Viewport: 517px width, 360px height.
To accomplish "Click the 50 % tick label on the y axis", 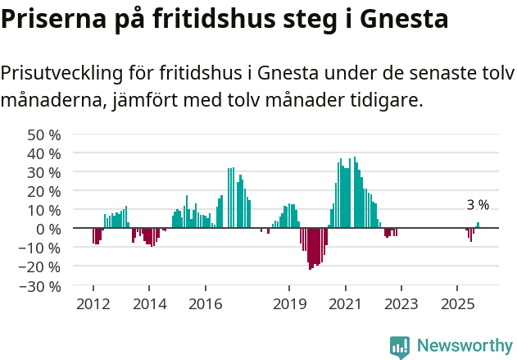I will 44,134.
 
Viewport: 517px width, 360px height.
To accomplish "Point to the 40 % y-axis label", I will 44,153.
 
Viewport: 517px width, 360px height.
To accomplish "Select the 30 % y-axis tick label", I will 44,172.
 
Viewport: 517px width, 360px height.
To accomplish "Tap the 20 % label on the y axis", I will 44,191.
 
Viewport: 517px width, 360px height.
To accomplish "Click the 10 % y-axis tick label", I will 44,210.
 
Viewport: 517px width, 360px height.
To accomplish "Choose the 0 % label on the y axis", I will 48,229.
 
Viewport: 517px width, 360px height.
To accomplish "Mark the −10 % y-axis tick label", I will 42,248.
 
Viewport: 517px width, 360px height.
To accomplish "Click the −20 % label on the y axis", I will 42,267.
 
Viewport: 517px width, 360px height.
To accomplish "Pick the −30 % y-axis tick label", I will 42,286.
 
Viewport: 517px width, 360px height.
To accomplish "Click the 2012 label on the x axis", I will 93,304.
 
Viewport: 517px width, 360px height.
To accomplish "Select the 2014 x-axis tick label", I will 149,304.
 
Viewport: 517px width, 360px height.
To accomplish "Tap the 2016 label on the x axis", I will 205,304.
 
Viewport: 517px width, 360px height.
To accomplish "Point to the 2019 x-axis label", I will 289,304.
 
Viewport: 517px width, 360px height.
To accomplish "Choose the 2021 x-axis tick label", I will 345,304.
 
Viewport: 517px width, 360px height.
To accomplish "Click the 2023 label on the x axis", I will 401,304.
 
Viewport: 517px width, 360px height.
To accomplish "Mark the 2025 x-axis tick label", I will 456,304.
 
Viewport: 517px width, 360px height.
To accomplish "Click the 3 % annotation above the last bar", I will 478,205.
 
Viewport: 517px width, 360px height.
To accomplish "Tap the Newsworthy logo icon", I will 400,347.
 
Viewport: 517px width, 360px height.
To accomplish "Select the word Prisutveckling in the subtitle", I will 61,74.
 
